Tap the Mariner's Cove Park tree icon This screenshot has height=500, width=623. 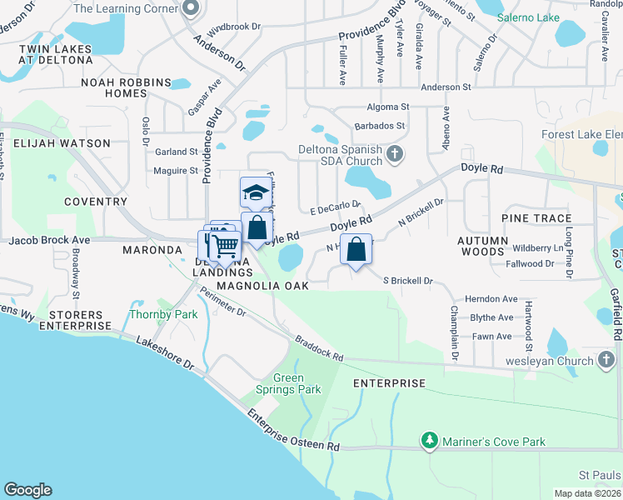coord(430,440)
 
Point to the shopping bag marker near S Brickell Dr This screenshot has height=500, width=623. coord(356,250)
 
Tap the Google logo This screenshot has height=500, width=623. coord(27,490)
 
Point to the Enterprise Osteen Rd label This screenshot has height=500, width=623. coord(293,431)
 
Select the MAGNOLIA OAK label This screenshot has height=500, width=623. coord(262,286)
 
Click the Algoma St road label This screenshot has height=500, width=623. coord(388,107)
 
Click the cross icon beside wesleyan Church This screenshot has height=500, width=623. coord(606,361)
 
